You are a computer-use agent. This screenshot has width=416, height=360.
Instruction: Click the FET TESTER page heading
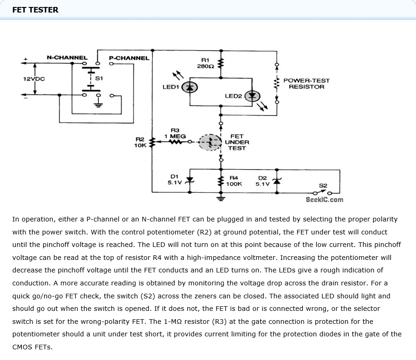(x=35, y=10)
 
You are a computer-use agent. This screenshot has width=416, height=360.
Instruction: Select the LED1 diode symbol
(x=189, y=87)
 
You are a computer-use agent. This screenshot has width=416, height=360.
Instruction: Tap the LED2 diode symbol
(x=252, y=96)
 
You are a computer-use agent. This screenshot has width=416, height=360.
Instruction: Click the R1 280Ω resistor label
(x=205, y=63)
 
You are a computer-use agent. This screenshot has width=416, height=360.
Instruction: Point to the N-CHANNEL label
(x=67, y=57)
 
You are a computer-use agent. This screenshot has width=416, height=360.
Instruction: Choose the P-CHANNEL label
(x=129, y=58)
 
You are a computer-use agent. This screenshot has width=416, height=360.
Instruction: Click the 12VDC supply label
(x=34, y=79)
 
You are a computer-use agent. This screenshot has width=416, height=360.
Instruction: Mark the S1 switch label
(x=99, y=78)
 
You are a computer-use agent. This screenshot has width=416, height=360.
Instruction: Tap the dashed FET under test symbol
(x=210, y=142)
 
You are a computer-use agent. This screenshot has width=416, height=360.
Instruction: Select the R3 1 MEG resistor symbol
(x=176, y=142)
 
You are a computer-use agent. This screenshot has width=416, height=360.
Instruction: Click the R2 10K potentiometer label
(x=140, y=142)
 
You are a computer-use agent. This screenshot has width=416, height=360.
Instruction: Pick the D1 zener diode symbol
(x=189, y=180)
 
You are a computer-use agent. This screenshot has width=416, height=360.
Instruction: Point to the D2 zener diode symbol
(x=277, y=181)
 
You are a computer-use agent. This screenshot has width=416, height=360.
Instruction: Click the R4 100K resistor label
(x=234, y=181)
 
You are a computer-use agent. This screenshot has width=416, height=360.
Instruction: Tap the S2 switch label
(x=323, y=186)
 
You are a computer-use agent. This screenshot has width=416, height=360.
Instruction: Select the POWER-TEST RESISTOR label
(x=307, y=84)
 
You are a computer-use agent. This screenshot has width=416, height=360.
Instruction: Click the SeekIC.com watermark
(x=325, y=200)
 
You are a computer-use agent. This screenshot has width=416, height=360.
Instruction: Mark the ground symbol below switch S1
(x=98, y=105)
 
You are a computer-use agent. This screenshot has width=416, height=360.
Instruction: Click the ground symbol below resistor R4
(x=221, y=198)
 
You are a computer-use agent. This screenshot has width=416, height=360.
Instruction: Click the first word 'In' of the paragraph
(x=15, y=219)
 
